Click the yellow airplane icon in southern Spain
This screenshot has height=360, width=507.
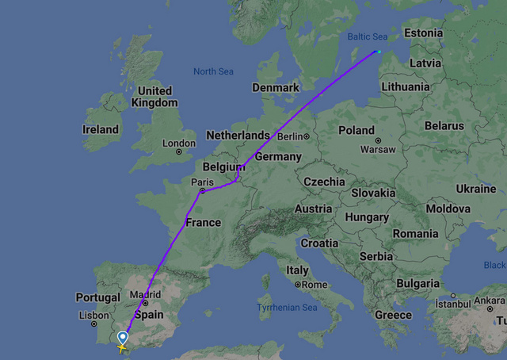(x=122, y=347)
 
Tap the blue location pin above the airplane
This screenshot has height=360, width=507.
(x=122, y=338)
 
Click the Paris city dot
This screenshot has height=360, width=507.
(x=203, y=191)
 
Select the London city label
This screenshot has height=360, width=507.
(x=178, y=143)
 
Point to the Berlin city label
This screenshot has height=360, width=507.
(x=291, y=136)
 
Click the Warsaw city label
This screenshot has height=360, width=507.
(x=377, y=149)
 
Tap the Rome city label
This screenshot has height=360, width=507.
(x=314, y=285)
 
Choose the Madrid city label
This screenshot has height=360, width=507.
(x=145, y=294)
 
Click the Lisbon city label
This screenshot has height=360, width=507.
(x=93, y=315)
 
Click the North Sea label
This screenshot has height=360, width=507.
(x=213, y=71)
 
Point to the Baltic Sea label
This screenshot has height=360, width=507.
(x=367, y=36)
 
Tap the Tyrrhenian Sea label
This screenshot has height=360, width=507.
(x=287, y=307)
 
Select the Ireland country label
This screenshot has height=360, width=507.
(x=101, y=129)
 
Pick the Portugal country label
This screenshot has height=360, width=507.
(x=97, y=297)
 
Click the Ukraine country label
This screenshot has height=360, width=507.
(x=475, y=189)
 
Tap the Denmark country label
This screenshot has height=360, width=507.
(x=275, y=87)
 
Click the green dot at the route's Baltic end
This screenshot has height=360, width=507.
(x=379, y=52)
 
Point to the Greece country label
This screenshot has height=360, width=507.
(x=393, y=315)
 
